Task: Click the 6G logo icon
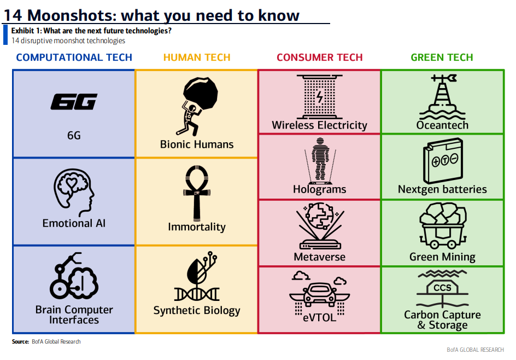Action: (x=74, y=102)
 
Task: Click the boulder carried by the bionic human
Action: (x=200, y=92)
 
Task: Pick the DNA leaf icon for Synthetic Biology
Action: (x=196, y=276)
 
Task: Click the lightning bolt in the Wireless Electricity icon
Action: (x=320, y=99)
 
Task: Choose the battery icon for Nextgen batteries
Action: (x=442, y=160)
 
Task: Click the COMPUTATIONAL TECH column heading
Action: (x=74, y=57)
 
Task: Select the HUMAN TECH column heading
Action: (x=197, y=57)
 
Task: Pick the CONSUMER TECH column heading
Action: (x=320, y=57)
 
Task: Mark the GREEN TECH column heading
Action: (x=442, y=57)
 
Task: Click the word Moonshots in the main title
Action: (x=81, y=15)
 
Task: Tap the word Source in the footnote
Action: (x=20, y=342)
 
